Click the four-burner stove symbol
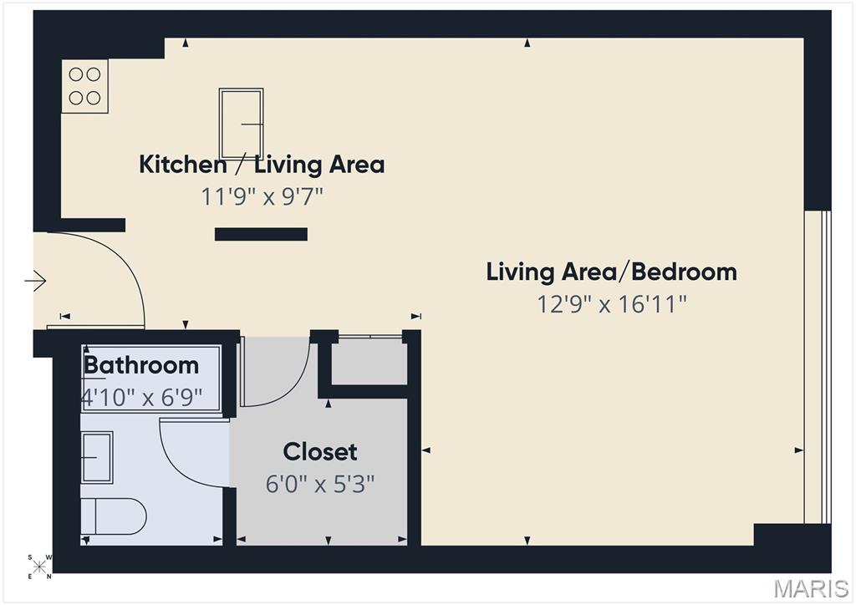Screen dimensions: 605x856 point(84,86)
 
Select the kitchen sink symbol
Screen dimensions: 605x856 point(242,124)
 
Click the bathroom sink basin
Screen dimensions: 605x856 point(97,457)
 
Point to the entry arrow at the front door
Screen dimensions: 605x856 point(36,282)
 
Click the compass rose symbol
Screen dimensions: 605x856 point(40,567)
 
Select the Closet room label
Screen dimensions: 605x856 point(320,452)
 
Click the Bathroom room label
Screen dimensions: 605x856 point(141,365)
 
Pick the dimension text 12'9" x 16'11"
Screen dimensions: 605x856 point(611,303)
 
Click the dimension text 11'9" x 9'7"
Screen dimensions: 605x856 point(262,196)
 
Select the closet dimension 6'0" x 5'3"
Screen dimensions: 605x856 point(320,484)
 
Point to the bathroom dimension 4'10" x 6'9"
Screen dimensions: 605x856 point(142,396)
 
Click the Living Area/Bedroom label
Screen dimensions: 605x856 point(611,272)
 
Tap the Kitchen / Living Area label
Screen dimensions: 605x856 point(262,164)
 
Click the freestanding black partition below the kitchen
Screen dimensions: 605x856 point(261,235)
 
